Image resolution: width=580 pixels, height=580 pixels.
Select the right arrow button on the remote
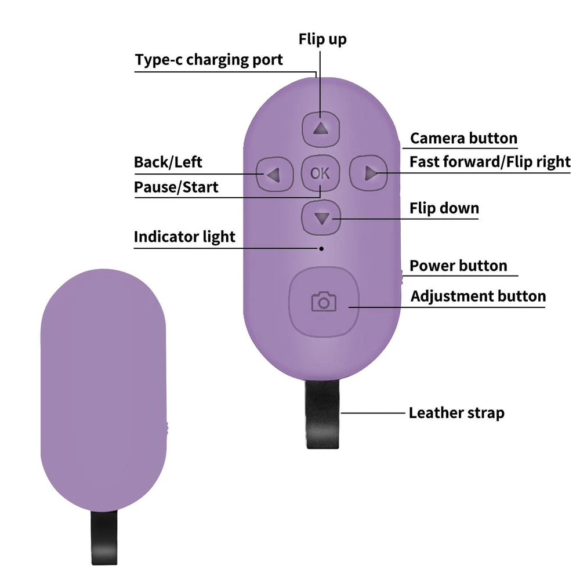coord(369,173)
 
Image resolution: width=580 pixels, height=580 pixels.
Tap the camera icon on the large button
coord(324,302)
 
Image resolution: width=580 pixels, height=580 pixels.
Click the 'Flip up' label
coord(322,39)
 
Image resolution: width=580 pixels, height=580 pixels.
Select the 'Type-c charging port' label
coord(209,60)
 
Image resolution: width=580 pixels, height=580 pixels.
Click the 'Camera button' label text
coord(463,139)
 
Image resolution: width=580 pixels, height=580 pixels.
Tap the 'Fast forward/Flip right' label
coord(490,162)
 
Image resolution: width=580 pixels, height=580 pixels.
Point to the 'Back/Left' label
coord(168,162)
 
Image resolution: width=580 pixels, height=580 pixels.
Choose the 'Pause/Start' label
coord(176,187)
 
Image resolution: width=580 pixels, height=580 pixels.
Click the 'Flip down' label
coord(444,208)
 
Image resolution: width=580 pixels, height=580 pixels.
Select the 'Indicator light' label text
coord(184,237)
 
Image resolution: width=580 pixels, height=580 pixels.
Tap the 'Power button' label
coord(458,266)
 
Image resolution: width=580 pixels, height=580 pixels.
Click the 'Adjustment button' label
coord(478,296)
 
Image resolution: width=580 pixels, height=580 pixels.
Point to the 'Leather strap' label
coord(456,413)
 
